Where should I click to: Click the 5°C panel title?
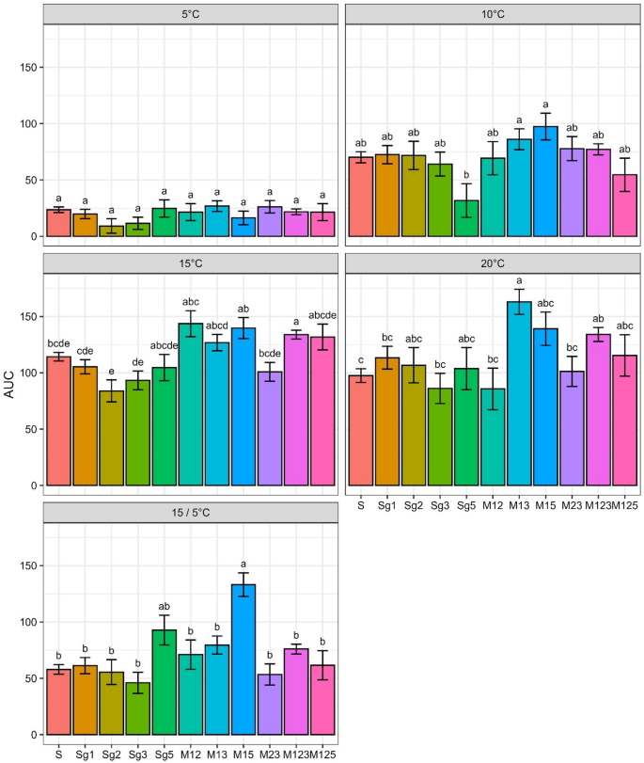191,15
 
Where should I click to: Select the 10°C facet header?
493,15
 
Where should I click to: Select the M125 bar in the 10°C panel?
625,205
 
